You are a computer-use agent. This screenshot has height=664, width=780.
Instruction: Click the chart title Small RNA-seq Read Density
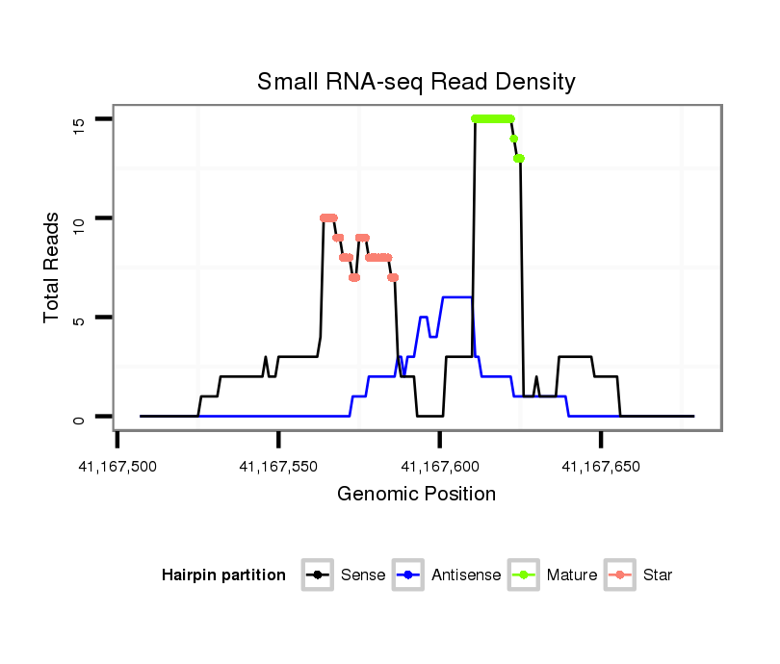tap(416, 82)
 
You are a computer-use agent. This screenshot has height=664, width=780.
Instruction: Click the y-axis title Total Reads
tap(52, 268)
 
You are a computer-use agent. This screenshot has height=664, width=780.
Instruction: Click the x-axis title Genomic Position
tap(416, 495)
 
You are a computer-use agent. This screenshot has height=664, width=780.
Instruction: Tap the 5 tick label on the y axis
tap(78, 319)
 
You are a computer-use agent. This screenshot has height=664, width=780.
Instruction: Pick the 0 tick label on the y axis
tap(78, 418)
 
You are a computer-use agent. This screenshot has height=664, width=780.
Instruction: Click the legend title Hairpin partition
tap(223, 575)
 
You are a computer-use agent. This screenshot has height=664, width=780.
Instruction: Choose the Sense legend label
tap(363, 575)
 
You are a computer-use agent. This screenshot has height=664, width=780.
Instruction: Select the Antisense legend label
tap(466, 575)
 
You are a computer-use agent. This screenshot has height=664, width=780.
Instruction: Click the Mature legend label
tap(571, 575)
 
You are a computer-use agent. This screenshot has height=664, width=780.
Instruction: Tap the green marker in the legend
tap(525, 575)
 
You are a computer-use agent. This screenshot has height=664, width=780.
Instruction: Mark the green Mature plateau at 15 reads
tap(493, 118)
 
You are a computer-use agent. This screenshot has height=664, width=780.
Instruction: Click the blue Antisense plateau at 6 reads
tap(457, 297)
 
